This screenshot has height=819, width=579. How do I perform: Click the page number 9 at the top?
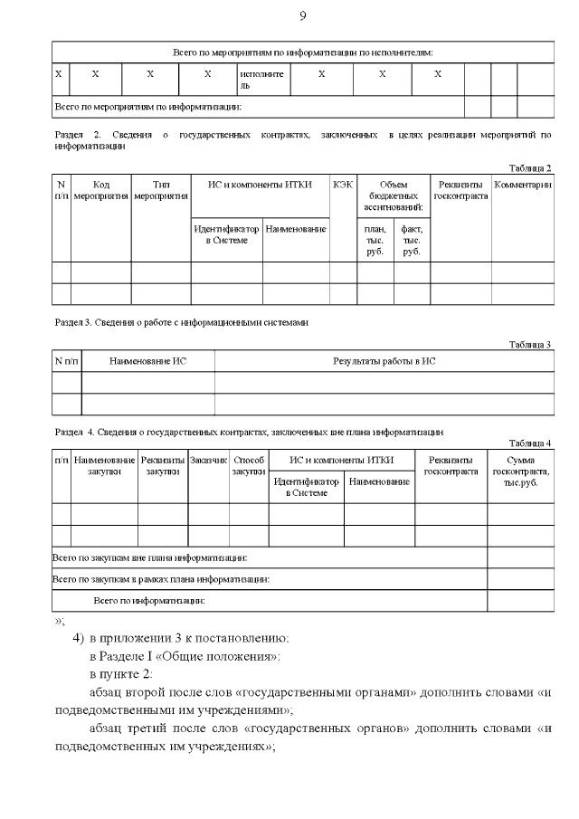pyautogui.click(x=303, y=15)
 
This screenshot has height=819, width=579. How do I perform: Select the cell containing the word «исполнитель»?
pyautogui.click(x=261, y=79)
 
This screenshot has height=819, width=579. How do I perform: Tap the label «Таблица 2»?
pyautogui.click(x=529, y=168)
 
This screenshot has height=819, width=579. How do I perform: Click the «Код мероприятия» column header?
pyautogui.click(x=101, y=190)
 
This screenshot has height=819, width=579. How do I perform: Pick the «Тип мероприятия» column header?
pyautogui.click(x=160, y=190)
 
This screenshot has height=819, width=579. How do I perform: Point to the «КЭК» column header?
pyautogui.click(x=343, y=185)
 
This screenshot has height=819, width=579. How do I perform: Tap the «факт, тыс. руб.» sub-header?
pyautogui.click(x=411, y=240)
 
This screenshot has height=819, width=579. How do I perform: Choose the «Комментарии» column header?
pyautogui.click(x=523, y=185)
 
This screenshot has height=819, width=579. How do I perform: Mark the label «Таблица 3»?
pyautogui.click(x=529, y=345)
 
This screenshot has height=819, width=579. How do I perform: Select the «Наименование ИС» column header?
pyautogui.click(x=147, y=361)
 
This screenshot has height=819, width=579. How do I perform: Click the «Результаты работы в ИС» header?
pyautogui.click(x=384, y=361)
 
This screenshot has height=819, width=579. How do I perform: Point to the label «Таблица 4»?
pyautogui.click(x=529, y=443)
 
